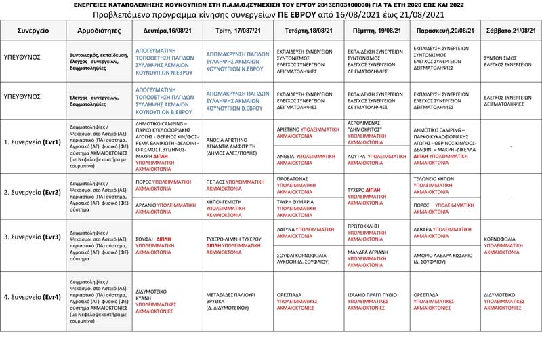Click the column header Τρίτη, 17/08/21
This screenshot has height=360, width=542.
(236, 31)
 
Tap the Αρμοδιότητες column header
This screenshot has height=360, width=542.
(100, 31)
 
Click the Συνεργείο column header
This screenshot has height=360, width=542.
(33, 31)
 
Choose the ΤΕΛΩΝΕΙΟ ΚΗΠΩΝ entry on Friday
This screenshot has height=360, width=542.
(444, 183)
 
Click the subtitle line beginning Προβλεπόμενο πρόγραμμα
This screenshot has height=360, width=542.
(270, 14)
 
